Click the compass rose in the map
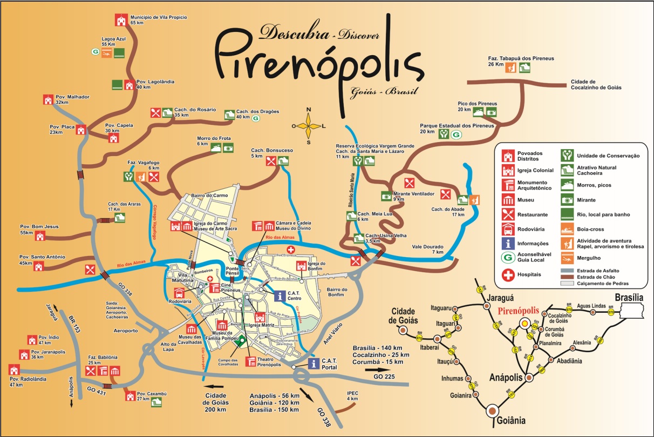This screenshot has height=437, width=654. pos(309,126)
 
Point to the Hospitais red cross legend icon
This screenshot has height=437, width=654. pos(508,274)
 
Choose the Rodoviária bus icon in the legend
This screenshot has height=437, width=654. pos(508,228)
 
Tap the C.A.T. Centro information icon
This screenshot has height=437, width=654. pos(280,295)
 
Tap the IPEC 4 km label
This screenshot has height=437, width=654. pos(352,396)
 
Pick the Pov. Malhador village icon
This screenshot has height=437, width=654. pos(48,100)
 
